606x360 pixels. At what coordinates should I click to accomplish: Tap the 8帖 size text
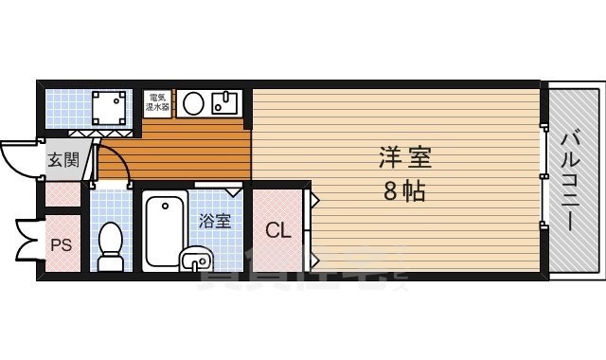click(x=403, y=191)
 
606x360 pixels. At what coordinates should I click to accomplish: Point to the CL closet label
click(x=277, y=230)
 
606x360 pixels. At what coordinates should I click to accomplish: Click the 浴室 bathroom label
click(x=215, y=221)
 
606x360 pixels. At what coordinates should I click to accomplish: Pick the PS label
click(x=61, y=244)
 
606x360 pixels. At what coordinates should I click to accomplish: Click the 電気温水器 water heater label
click(x=157, y=102)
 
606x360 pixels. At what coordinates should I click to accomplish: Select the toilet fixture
click(x=112, y=243)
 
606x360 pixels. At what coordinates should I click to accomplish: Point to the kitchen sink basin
click(x=227, y=102)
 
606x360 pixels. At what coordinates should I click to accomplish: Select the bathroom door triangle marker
click(x=234, y=191)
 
